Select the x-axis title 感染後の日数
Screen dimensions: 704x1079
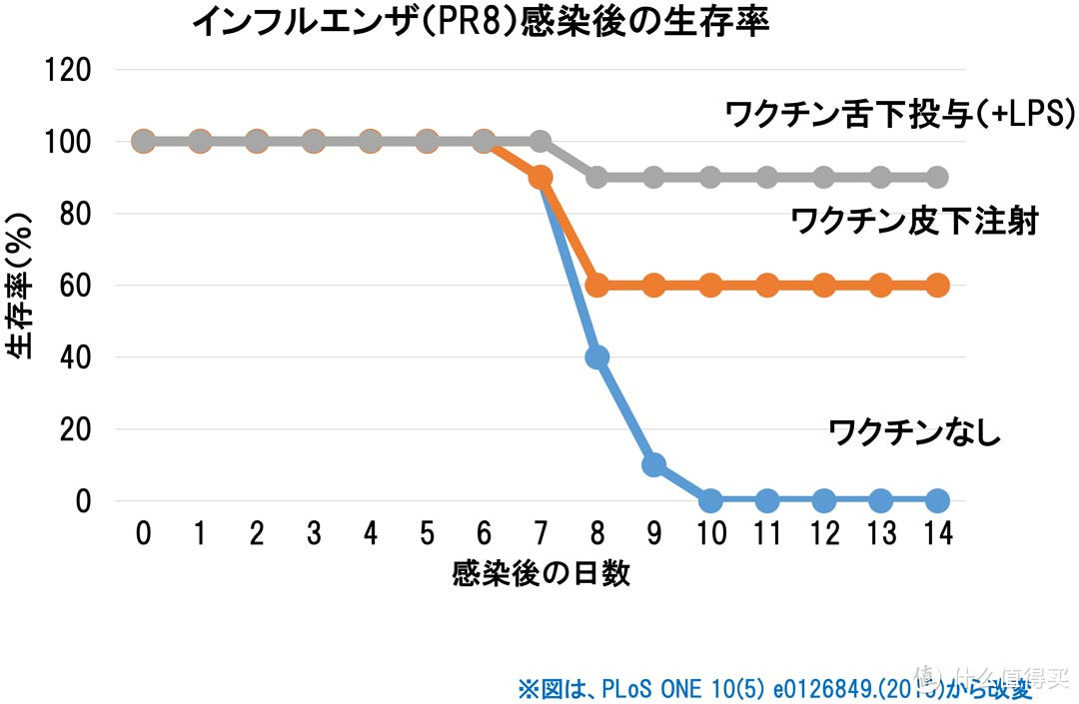[540, 573]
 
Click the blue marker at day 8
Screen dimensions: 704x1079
[597, 357]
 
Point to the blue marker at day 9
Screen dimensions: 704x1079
[654, 464]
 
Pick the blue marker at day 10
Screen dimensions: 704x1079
[710, 500]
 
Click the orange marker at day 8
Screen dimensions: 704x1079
[597, 286]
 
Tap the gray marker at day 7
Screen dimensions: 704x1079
[540, 142]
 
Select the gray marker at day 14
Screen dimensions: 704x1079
[937, 178]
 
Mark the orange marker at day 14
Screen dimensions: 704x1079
[937, 286]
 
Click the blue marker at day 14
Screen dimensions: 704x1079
[937, 500]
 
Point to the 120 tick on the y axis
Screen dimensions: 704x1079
[69, 70]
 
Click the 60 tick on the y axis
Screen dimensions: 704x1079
[76, 286]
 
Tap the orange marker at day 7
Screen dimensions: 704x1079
[540, 178]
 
